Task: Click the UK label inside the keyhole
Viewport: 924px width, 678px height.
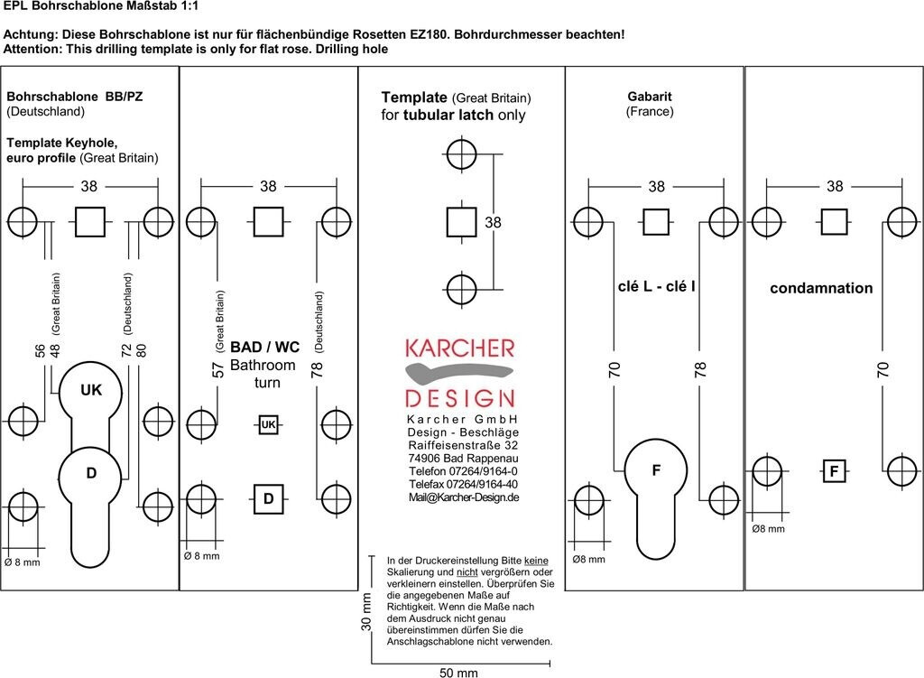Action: (x=91, y=390)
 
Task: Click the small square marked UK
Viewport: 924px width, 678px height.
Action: (x=268, y=424)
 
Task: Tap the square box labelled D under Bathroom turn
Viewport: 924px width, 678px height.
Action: (x=268, y=498)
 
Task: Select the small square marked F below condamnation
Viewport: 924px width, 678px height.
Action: (x=834, y=471)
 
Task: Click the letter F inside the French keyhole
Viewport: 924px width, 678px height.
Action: (x=656, y=470)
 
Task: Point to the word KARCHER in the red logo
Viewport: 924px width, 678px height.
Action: (x=460, y=348)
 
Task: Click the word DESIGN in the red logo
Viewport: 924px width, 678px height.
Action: (x=460, y=398)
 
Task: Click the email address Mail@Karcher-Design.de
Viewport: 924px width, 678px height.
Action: (x=463, y=497)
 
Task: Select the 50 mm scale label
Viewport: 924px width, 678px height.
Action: (x=458, y=673)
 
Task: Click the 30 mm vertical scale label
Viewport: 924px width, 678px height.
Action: (x=366, y=615)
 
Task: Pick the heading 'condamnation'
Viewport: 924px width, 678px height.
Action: (x=821, y=289)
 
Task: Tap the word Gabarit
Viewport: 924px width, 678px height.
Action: (x=650, y=97)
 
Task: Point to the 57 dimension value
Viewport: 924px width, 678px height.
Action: (x=217, y=369)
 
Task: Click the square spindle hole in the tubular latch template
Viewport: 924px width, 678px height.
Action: (x=462, y=221)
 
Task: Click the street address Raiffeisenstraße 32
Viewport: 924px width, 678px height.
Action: (x=463, y=445)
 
